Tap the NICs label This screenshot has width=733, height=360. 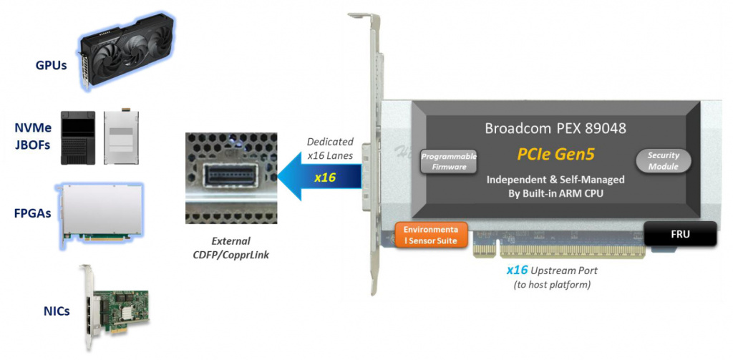coord(55,310)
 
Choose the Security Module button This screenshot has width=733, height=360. coord(664,160)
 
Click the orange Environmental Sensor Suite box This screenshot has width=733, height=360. coord(432,235)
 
